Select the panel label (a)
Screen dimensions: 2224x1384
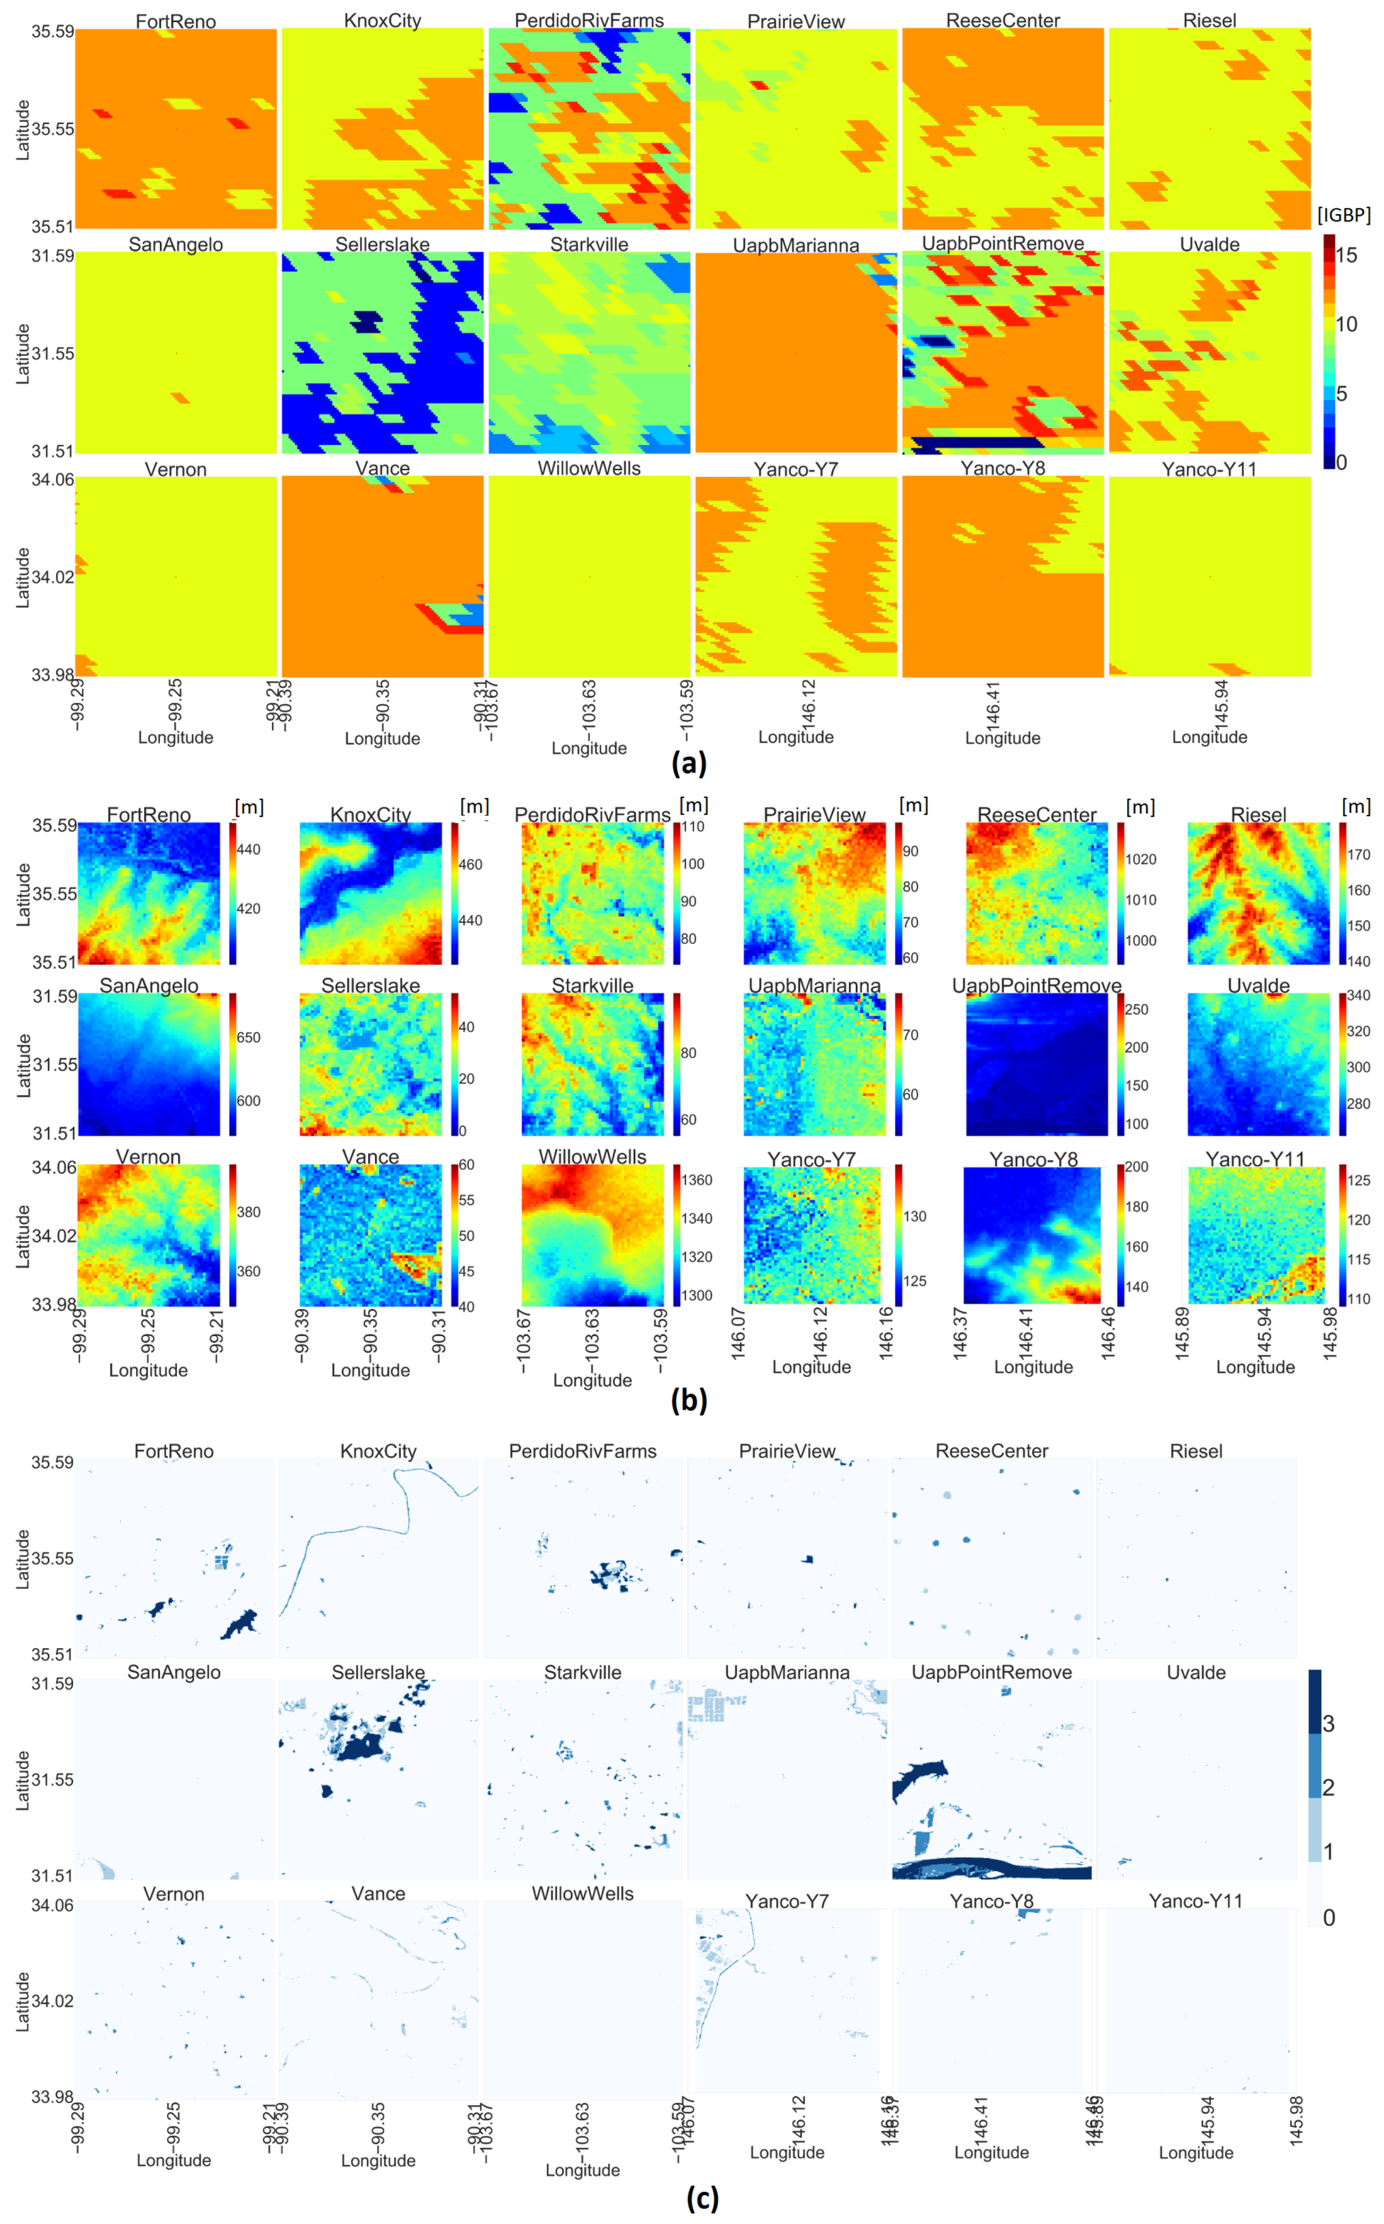tap(688, 762)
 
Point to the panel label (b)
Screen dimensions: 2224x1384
tap(688, 1400)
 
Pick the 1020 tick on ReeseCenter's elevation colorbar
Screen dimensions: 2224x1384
tap(1141, 859)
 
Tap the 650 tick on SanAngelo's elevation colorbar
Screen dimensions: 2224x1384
tap(248, 1038)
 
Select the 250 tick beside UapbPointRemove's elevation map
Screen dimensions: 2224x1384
tap(1136, 1010)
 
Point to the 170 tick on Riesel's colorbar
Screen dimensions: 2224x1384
tap(1359, 855)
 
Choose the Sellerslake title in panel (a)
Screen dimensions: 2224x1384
tap(382, 244)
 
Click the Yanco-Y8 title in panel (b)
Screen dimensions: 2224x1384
tap(1033, 1160)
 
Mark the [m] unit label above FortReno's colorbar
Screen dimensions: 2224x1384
tap(249, 807)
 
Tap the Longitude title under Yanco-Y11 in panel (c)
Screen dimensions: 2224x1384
tap(1196, 2153)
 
